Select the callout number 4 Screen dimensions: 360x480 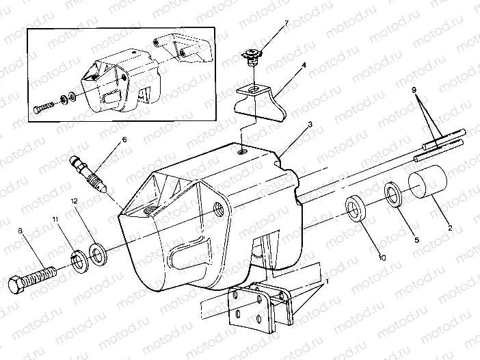point(303,67)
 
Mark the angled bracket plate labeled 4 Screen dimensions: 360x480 point(263,99)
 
